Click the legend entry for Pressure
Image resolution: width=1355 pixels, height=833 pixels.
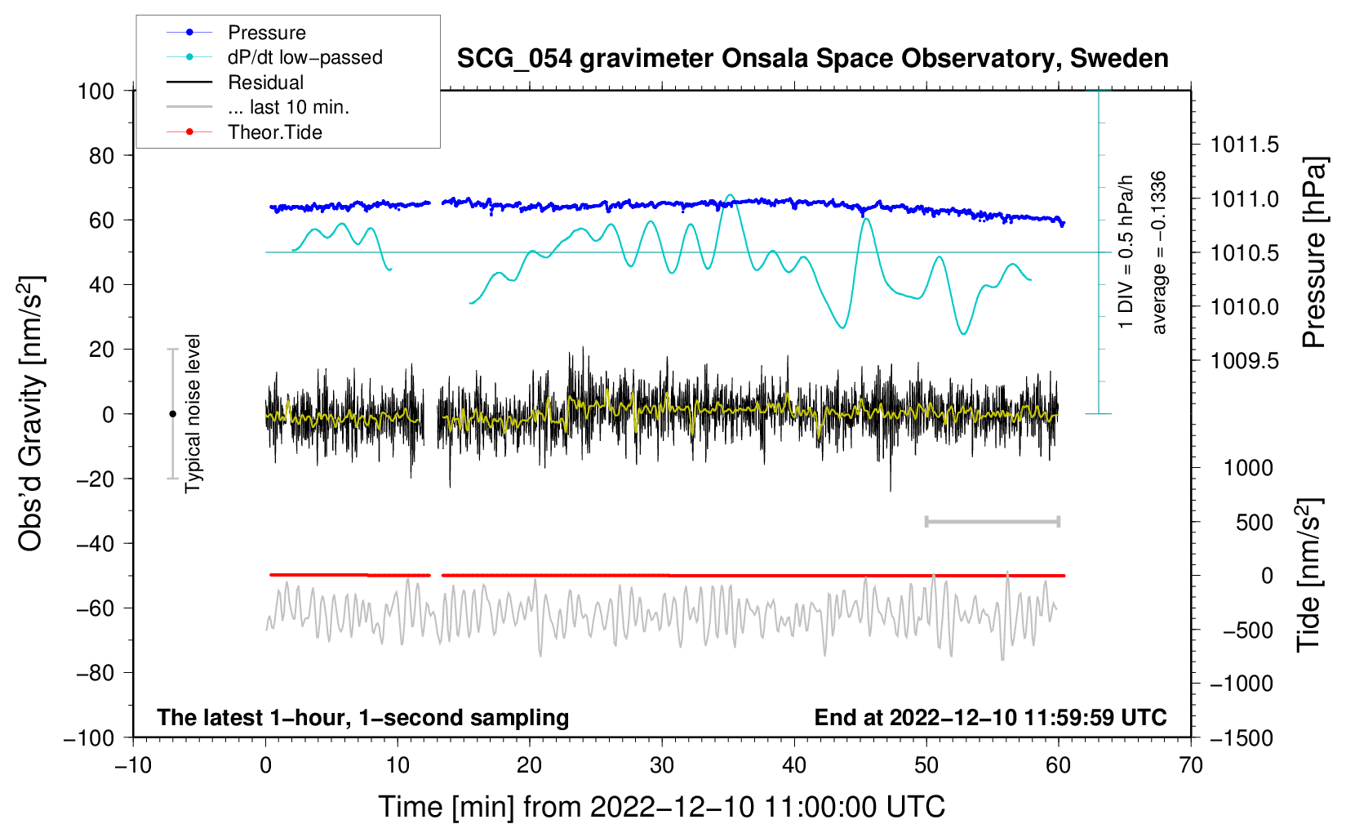pyautogui.click(x=266, y=33)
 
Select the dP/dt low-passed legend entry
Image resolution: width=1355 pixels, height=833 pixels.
pyautogui.click(x=304, y=57)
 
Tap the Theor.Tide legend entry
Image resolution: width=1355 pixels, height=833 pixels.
pyautogui.click(x=274, y=132)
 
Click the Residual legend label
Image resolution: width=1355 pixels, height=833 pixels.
pyautogui.click(x=265, y=82)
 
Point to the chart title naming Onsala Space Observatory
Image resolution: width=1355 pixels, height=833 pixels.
pyautogui.click(x=812, y=59)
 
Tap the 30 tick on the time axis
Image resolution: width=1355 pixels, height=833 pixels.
pyautogui.click(x=662, y=765)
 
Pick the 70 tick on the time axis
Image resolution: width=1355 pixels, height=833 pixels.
pyautogui.click(x=1191, y=765)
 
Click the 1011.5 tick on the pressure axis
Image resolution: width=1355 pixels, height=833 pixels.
pyautogui.click(x=1244, y=145)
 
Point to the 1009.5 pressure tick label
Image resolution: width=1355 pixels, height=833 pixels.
pyautogui.click(x=1244, y=361)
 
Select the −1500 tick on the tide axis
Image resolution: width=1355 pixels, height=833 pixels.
pyautogui.click(x=1242, y=737)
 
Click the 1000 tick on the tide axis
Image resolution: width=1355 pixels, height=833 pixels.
pyautogui.click(x=1248, y=468)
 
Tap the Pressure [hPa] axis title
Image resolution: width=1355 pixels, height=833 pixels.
pyautogui.click(x=1314, y=253)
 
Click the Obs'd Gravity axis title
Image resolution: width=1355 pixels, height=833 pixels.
pyautogui.click(x=31, y=413)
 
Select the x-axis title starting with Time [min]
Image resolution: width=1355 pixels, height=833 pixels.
pyautogui.click(x=661, y=807)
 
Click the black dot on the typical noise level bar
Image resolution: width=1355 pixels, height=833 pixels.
pyautogui.click(x=172, y=414)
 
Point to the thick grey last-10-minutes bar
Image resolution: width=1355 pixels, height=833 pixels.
pyautogui.click(x=992, y=522)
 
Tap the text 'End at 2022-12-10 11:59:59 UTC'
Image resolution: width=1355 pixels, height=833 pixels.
pyautogui.click(x=990, y=718)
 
